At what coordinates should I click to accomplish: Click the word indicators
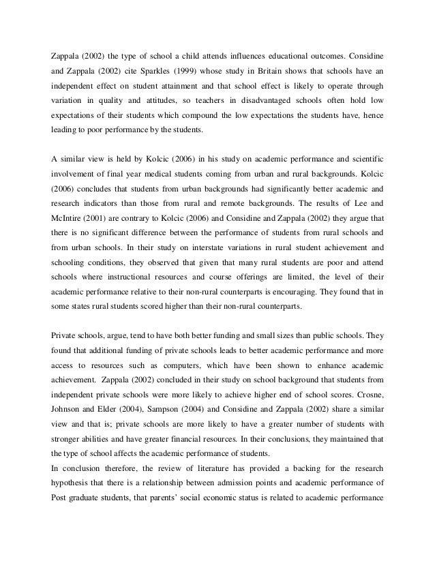point(109,189)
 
